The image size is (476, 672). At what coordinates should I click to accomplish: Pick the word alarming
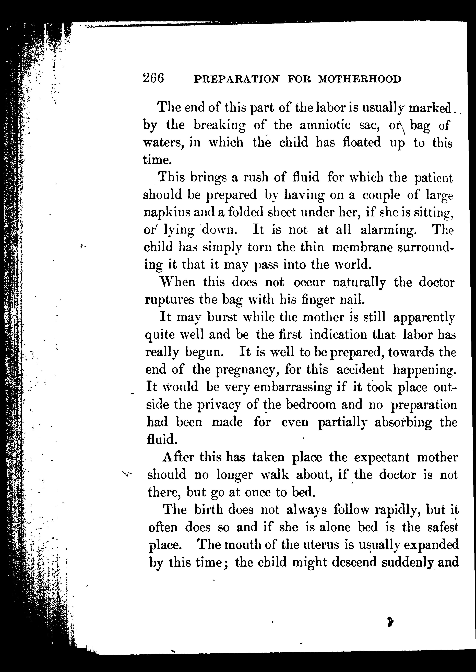[x=388, y=230]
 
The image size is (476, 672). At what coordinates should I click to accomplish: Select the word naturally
[x=359, y=282]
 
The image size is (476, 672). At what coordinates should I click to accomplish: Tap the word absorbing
[x=403, y=422]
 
